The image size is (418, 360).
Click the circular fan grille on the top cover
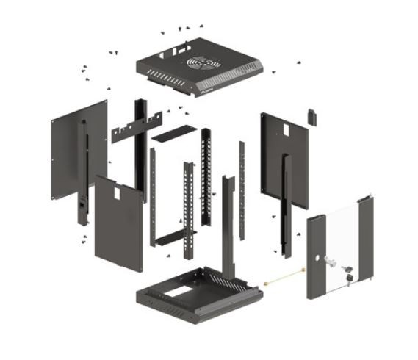[204, 63]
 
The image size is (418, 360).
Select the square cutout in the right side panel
[280, 130]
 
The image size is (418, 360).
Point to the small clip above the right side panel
[311, 115]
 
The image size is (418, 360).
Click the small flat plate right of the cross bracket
[170, 134]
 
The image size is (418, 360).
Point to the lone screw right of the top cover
[274, 71]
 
